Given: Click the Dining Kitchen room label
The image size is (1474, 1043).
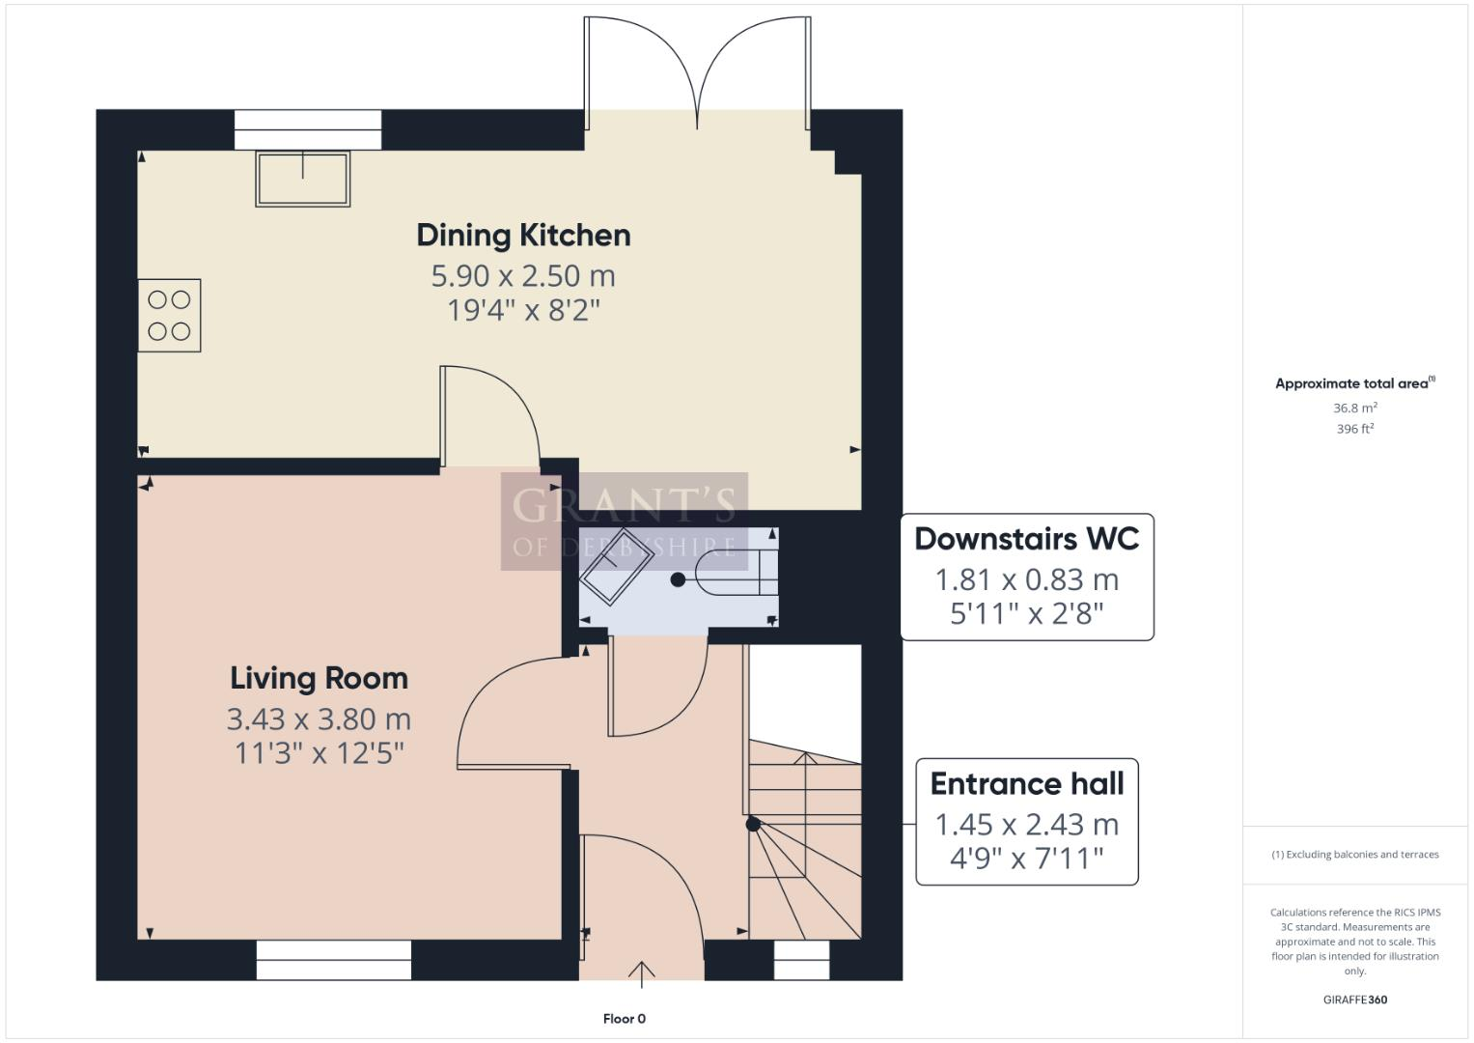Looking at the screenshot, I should click(x=523, y=235).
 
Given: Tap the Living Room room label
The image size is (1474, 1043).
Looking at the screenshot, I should click(x=319, y=678).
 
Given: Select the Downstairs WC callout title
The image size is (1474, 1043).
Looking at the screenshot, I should click(x=1026, y=539).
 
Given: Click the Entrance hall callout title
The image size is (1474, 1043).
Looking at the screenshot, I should click(x=1026, y=783).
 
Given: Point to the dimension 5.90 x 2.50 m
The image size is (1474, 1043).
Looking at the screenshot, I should click(x=523, y=276).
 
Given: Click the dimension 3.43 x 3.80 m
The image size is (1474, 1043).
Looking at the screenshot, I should click(x=319, y=719).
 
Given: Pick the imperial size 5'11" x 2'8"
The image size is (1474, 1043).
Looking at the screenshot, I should click(x=1026, y=613).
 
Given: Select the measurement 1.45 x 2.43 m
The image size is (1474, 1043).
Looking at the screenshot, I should click(x=1026, y=825).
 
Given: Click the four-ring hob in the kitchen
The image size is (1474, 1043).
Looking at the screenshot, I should click(x=169, y=316).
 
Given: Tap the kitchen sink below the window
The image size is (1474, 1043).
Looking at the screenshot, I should click(x=302, y=179).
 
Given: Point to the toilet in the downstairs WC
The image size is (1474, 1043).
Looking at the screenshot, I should click(x=734, y=578).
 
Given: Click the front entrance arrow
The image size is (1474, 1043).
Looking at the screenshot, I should click(x=642, y=973).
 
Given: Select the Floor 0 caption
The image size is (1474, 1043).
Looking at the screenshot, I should click(x=624, y=1019).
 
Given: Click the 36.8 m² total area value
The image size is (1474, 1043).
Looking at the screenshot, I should click(x=1354, y=409).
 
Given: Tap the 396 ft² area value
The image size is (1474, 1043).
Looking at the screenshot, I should click(x=1354, y=429).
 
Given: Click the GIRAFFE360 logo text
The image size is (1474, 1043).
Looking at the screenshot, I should click(x=1354, y=1000).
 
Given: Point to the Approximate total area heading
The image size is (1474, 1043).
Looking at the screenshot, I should click(x=1353, y=383).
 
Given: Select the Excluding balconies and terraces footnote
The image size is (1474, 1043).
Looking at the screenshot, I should click(x=1354, y=855).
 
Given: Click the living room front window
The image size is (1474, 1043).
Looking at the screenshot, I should click(x=334, y=960).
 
